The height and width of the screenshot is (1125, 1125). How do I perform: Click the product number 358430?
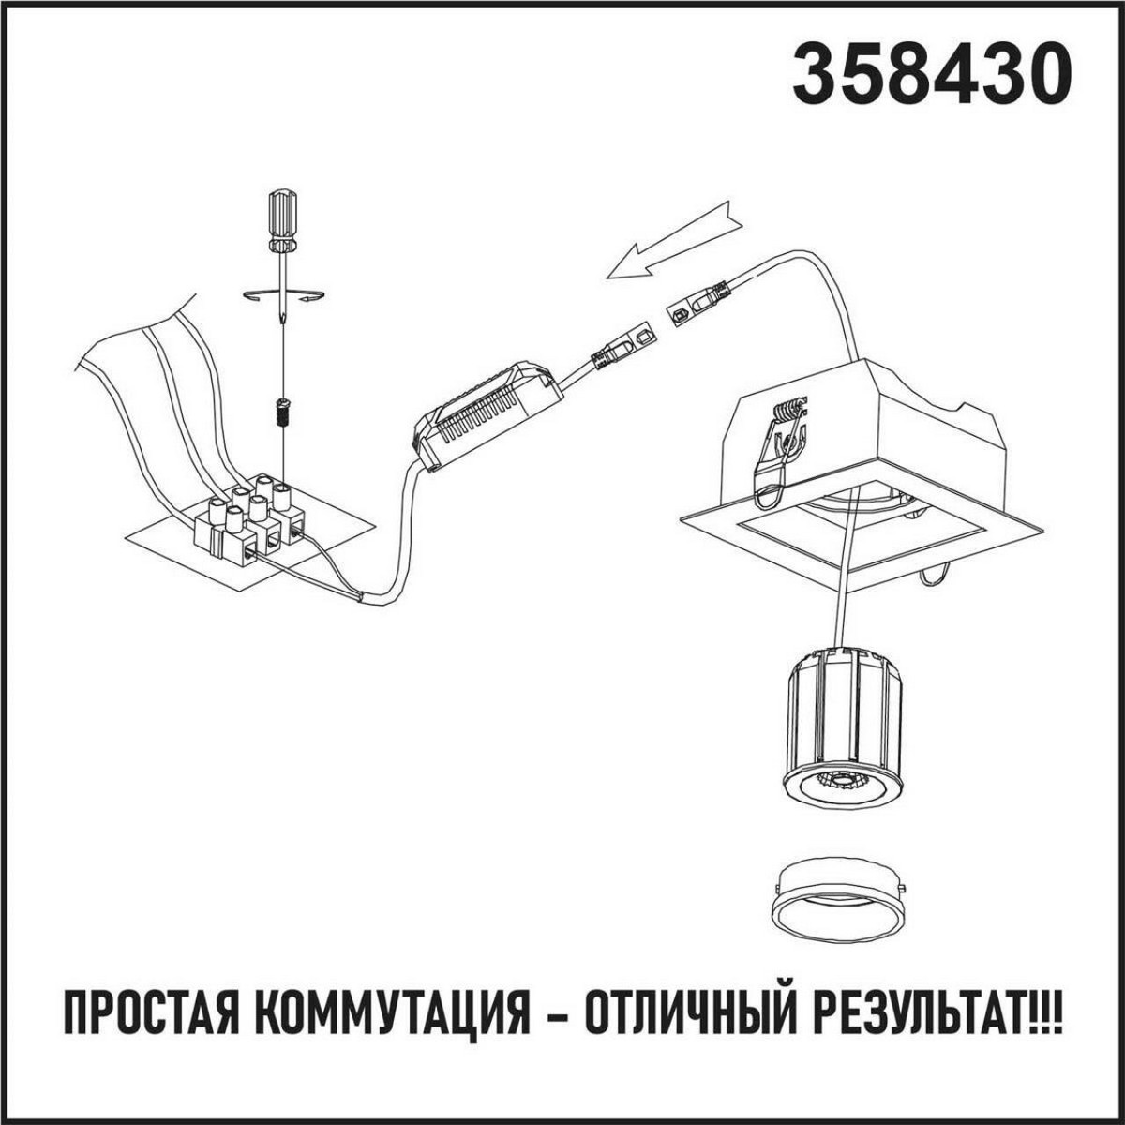click(x=931, y=74)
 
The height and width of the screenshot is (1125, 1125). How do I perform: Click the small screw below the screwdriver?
click(x=280, y=411)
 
